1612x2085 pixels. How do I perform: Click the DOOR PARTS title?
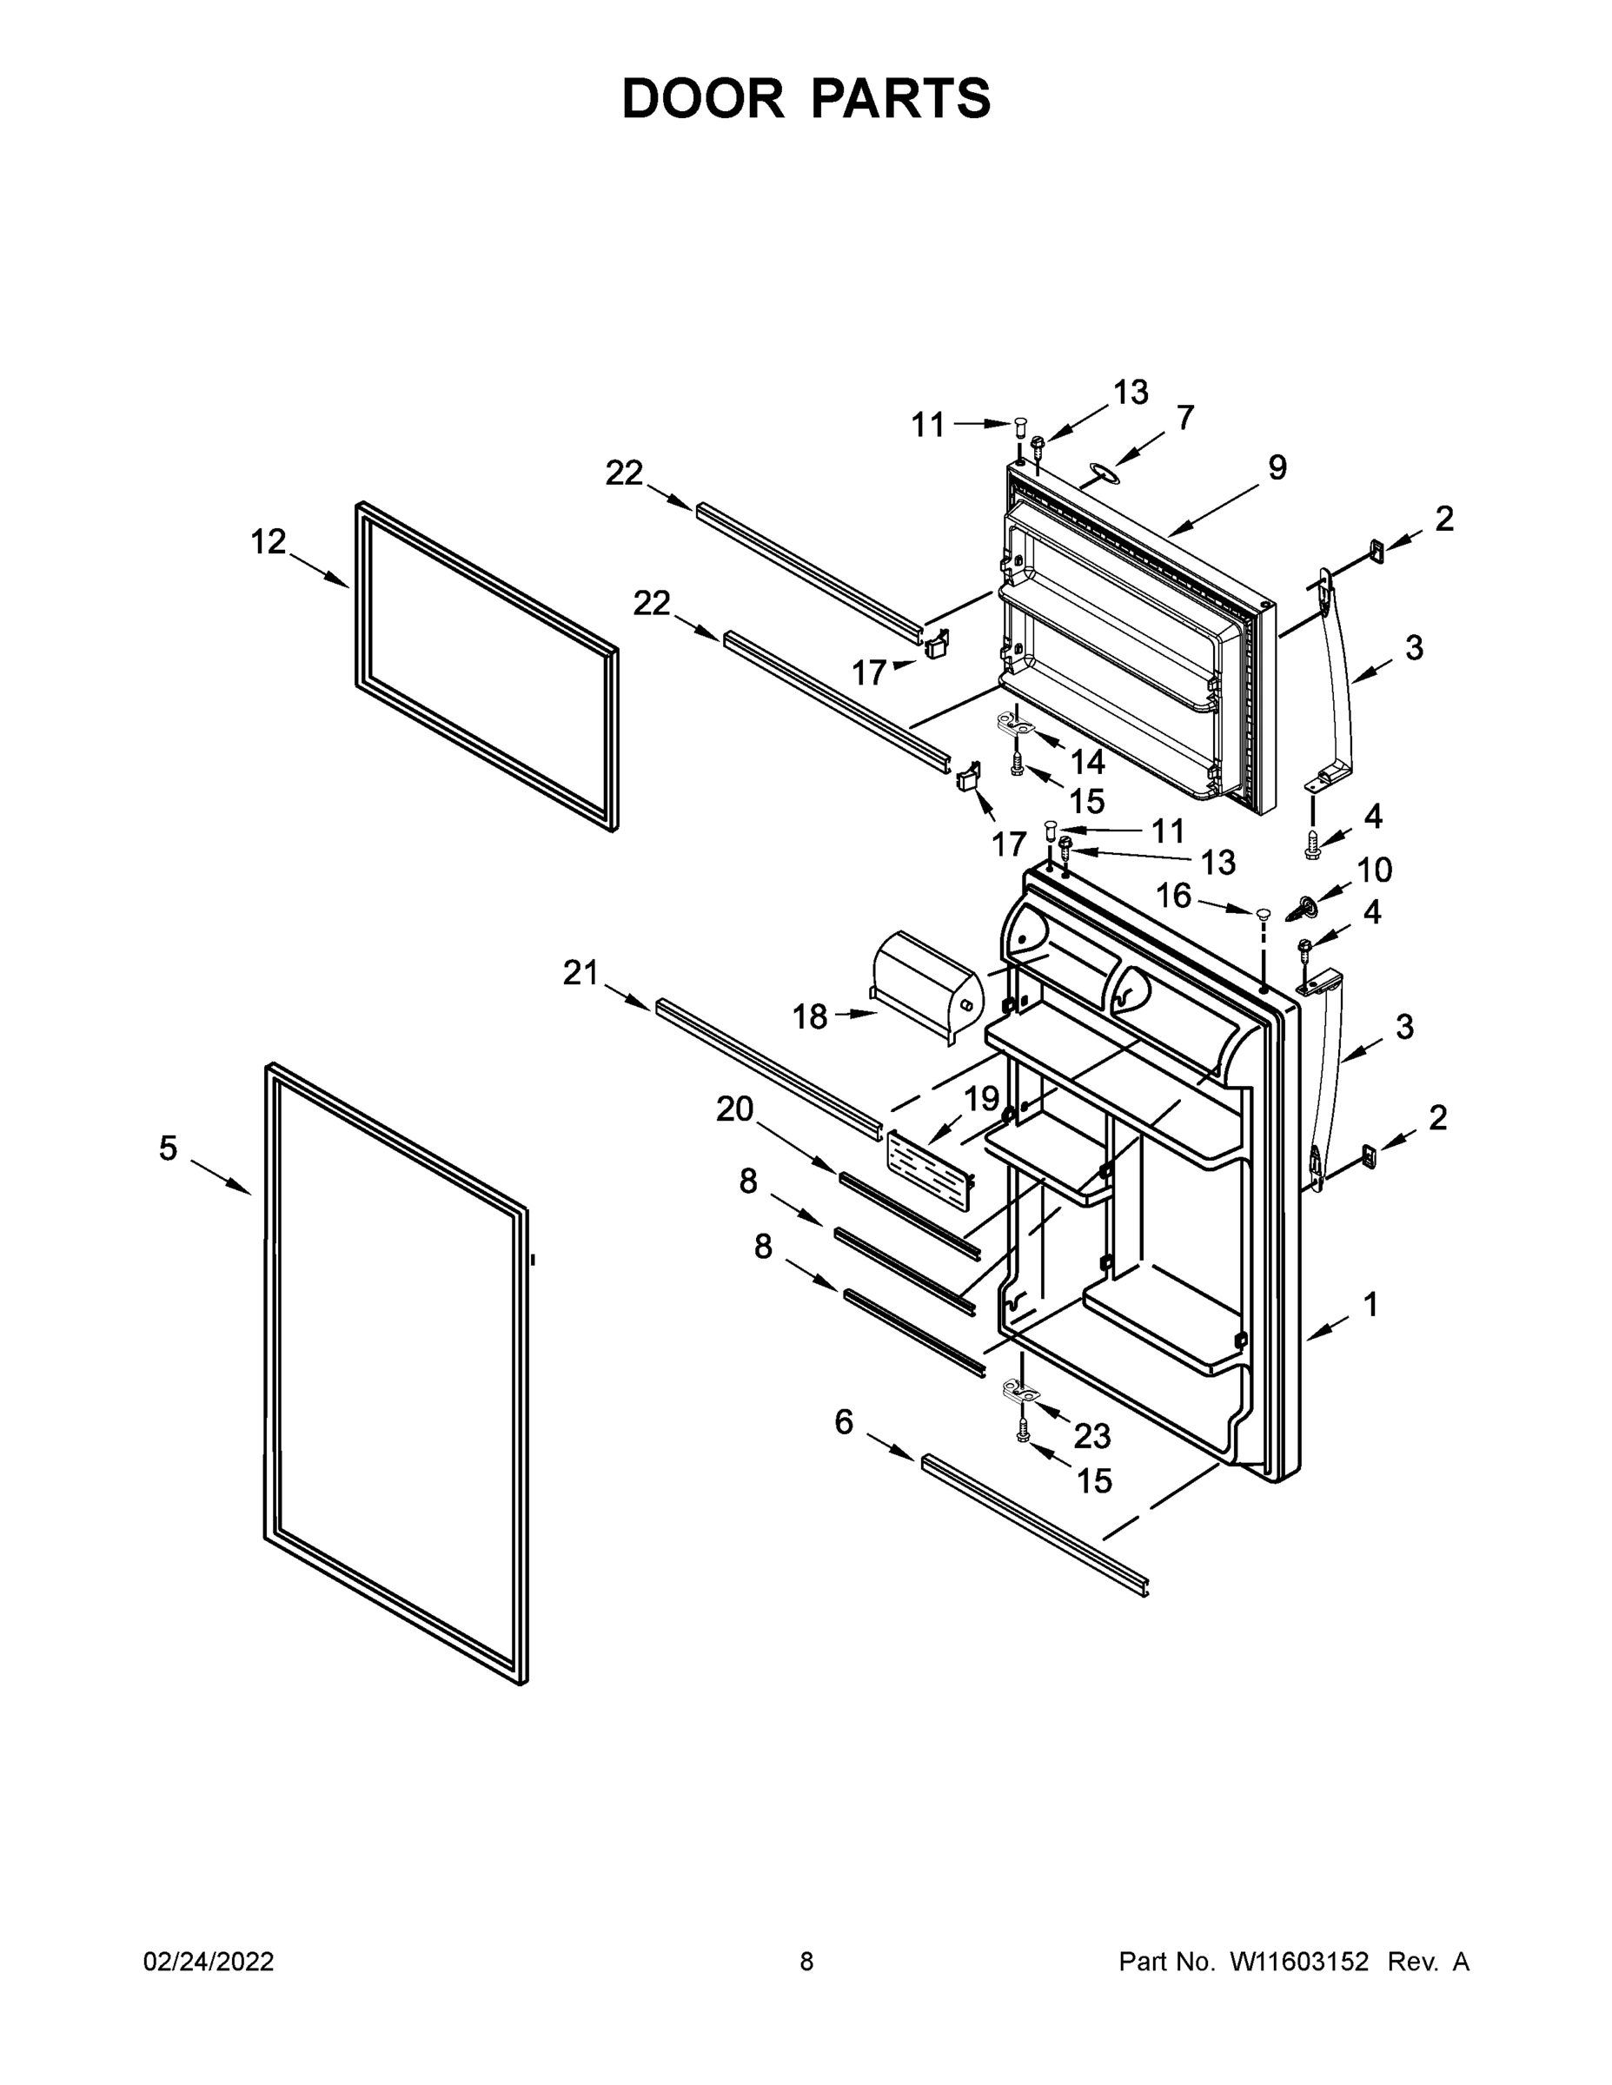point(806,98)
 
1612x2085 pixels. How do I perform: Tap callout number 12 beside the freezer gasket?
point(268,541)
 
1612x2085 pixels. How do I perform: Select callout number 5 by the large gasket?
point(168,1148)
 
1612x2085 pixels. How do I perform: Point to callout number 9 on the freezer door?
point(1277,467)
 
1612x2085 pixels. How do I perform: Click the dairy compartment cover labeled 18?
point(925,985)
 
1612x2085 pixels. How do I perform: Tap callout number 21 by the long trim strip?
point(580,973)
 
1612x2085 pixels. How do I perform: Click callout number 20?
point(734,1109)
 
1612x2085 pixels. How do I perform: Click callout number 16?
point(1174,896)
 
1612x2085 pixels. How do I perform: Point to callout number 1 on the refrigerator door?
point(1370,1304)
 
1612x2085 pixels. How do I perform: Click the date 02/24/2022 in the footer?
point(209,1961)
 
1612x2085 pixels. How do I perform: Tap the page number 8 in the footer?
point(806,1961)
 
